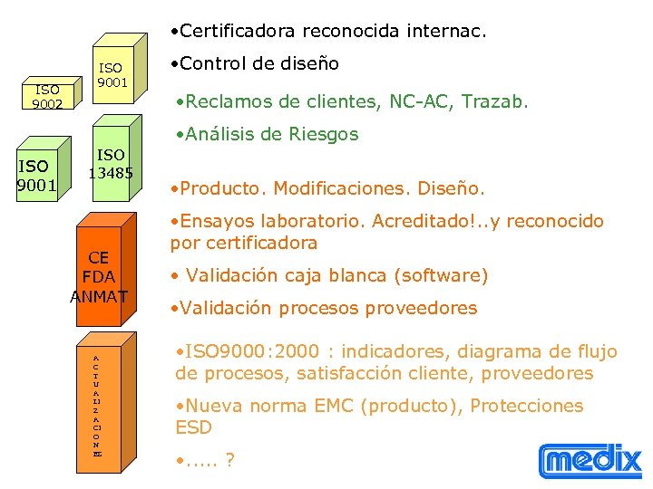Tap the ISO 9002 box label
pyautogui.click(x=47, y=97)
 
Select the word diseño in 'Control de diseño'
pyautogui.click(x=307, y=64)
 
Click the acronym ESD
pyautogui.click(x=193, y=427)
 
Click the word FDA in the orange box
pyautogui.click(x=99, y=276)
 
